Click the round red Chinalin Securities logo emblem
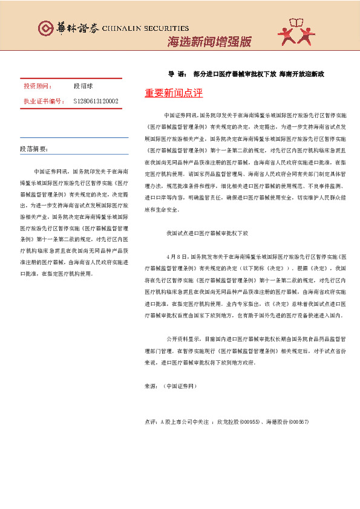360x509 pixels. click(45, 28)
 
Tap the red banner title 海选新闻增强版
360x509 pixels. click(209, 42)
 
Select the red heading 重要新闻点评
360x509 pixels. click(174, 94)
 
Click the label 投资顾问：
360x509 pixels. click(38, 87)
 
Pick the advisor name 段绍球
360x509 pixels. click(83, 87)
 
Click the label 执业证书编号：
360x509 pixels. click(44, 101)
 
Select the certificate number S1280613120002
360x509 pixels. click(96, 101)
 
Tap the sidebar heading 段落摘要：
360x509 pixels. click(34, 149)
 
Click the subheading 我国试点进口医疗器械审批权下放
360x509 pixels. click(207, 216)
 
